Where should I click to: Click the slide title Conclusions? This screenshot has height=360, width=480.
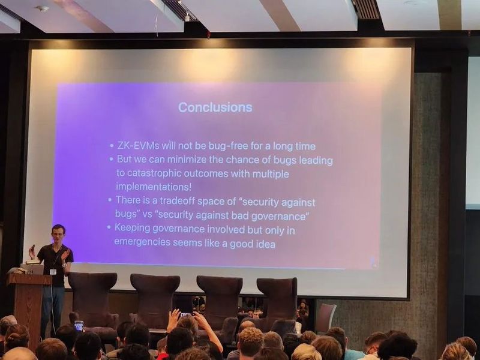click(x=215, y=107)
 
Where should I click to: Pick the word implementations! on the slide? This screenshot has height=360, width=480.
click(x=154, y=187)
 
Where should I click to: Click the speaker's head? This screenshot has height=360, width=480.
click(x=58, y=232)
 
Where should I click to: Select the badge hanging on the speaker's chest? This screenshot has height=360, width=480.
click(x=53, y=271)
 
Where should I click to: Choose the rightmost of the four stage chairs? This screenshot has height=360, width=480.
click(x=277, y=300)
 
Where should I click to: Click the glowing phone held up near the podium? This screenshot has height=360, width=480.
click(x=79, y=325)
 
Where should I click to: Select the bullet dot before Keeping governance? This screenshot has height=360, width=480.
click(x=109, y=228)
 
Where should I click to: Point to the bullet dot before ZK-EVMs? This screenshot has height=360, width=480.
click(x=112, y=146)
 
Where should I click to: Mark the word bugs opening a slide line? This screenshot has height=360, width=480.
click(x=125, y=214)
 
